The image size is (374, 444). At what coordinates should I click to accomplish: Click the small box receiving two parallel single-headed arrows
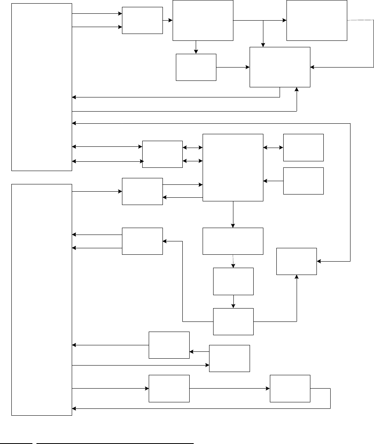(x=142, y=20)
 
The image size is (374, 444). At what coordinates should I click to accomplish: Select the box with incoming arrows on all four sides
(x=280, y=67)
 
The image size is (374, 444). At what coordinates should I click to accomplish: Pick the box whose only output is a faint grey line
(x=316, y=20)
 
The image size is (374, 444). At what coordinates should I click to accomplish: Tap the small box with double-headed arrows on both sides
(x=162, y=154)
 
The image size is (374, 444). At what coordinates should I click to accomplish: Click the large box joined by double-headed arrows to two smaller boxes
(x=233, y=167)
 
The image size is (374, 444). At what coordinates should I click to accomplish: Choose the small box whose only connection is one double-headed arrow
(x=303, y=147)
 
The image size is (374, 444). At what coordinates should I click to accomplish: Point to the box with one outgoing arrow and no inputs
(x=303, y=181)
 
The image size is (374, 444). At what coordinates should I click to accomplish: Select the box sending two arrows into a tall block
(x=142, y=241)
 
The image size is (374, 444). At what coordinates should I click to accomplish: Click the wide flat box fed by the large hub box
(x=233, y=241)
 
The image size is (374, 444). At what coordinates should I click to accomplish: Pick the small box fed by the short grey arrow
(x=233, y=281)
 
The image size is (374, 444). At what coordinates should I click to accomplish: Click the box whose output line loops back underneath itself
(x=290, y=389)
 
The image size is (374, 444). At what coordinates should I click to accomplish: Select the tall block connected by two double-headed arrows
(x=41, y=87)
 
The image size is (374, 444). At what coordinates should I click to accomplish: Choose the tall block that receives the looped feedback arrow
(x=41, y=299)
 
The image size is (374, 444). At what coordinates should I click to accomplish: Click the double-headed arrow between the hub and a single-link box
(x=273, y=148)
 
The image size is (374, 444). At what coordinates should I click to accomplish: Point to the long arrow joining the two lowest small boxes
(x=229, y=389)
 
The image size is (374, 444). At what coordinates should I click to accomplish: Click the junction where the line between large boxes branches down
(x=263, y=20)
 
